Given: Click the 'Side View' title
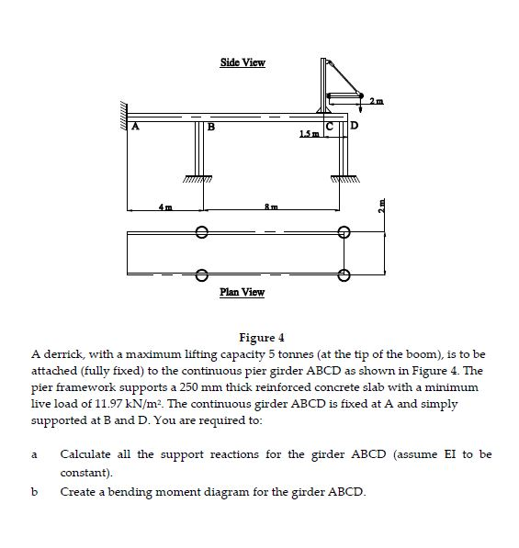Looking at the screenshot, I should click(243, 62).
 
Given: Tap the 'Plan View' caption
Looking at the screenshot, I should click(243, 292).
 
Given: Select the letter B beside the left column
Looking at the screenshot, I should click(209, 128).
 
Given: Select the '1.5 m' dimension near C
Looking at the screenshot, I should click(309, 137).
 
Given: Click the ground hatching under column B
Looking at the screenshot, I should click(198, 178).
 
